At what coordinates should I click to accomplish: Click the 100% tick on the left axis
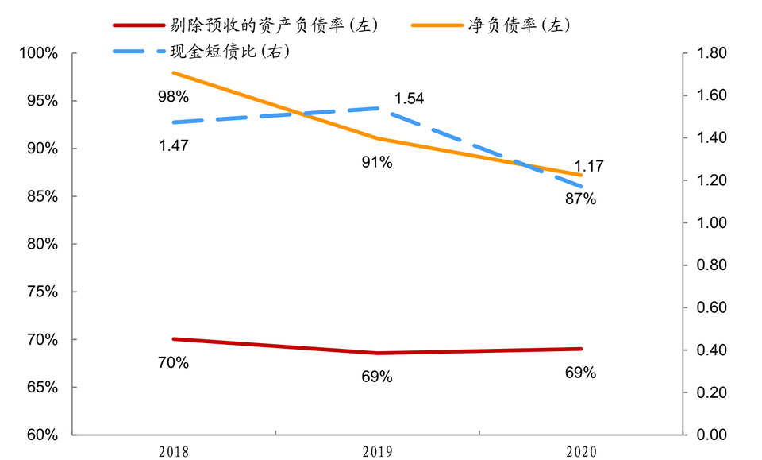click(39, 53)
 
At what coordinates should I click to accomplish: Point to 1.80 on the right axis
click(711, 53)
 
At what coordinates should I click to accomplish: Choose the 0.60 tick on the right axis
click(711, 307)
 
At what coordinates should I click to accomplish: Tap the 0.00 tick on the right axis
click(711, 435)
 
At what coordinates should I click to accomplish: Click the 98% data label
click(173, 97)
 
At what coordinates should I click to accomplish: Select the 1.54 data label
click(410, 99)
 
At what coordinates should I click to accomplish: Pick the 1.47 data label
click(173, 145)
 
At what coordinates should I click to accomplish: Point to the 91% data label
click(377, 163)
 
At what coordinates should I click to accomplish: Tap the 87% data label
click(581, 199)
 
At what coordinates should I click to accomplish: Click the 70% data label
click(173, 363)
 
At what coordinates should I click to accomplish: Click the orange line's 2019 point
click(377, 138)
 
